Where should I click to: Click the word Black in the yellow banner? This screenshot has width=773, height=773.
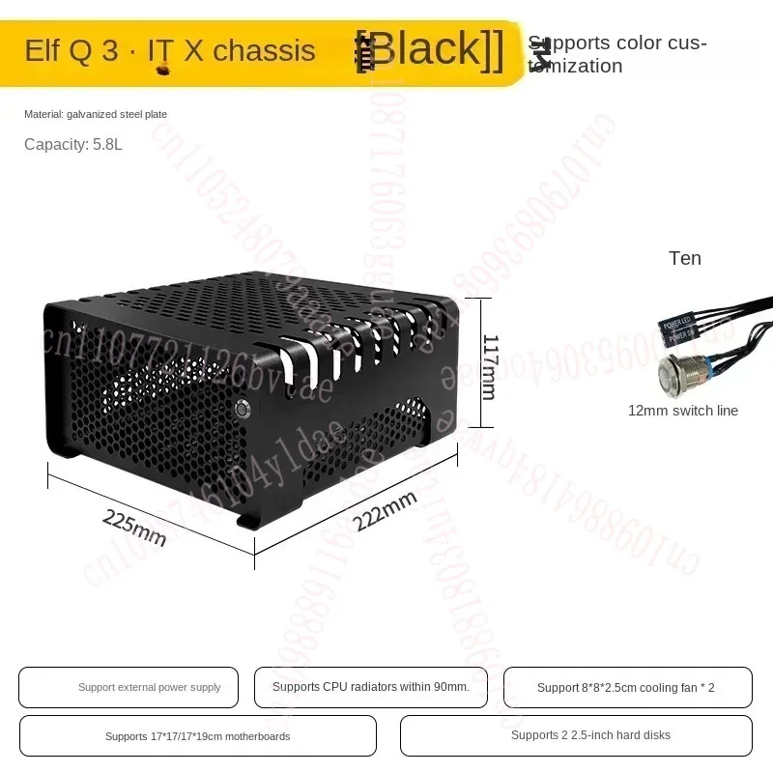click(x=431, y=49)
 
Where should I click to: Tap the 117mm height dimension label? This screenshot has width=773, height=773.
click(x=489, y=367)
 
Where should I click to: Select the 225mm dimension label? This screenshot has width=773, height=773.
click(x=134, y=527)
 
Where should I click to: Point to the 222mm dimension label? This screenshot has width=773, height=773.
click(x=385, y=510)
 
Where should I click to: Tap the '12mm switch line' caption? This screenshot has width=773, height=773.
click(x=682, y=411)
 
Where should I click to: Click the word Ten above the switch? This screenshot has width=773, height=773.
click(x=684, y=258)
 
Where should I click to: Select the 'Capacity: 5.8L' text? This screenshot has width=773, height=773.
click(x=73, y=145)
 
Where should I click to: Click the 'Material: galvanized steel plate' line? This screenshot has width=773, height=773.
click(x=96, y=114)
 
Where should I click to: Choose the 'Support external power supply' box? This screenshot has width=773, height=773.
click(x=129, y=687)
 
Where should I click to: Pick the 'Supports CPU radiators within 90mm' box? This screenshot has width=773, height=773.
click(x=371, y=687)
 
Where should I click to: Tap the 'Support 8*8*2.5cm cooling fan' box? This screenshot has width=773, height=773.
click(x=627, y=687)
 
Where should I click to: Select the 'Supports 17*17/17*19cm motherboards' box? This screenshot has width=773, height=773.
click(x=197, y=735)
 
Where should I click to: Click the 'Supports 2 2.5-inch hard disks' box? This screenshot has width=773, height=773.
click(x=576, y=735)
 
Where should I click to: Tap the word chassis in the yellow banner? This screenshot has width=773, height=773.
click(x=264, y=50)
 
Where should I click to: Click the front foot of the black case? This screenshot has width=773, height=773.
click(x=248, y=522)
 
